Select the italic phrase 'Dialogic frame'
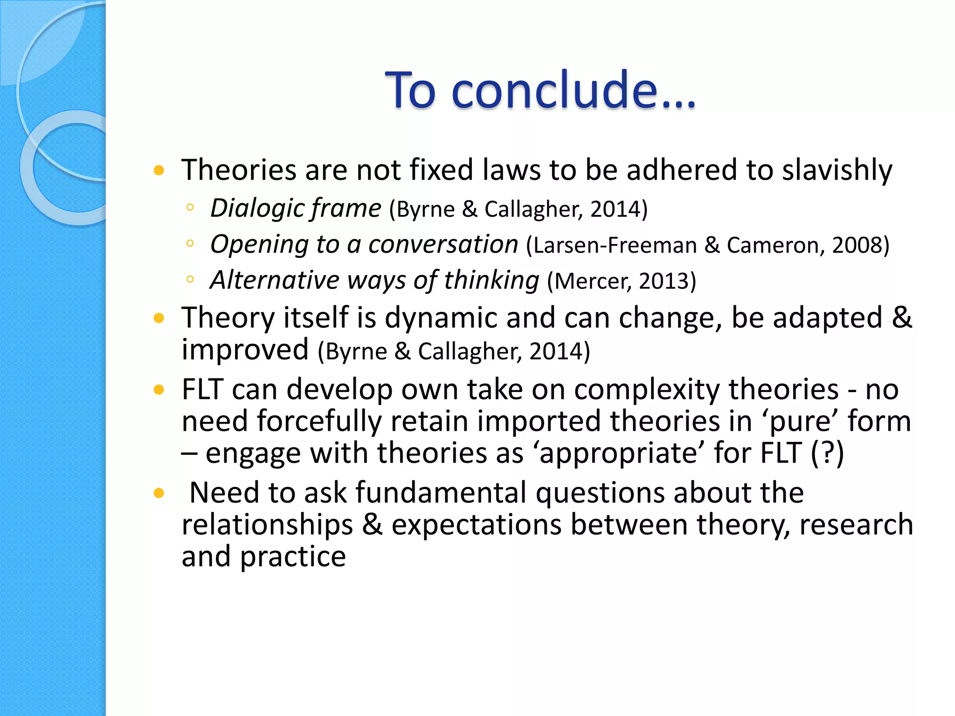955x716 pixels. [x=296, y=208]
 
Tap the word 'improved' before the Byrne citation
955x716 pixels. [x=245, y=350]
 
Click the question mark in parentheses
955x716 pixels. [x=827, y=453]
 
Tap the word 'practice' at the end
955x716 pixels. [x=293, y=557]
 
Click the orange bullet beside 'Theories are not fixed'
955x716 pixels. [x=159, y=170]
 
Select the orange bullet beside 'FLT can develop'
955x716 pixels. [x=159, y=390]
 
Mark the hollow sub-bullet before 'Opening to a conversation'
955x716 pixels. [x=190, y=243]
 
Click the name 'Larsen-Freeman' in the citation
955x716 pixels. [x=615, y=245]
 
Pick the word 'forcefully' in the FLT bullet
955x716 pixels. [x=319, y=421]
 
